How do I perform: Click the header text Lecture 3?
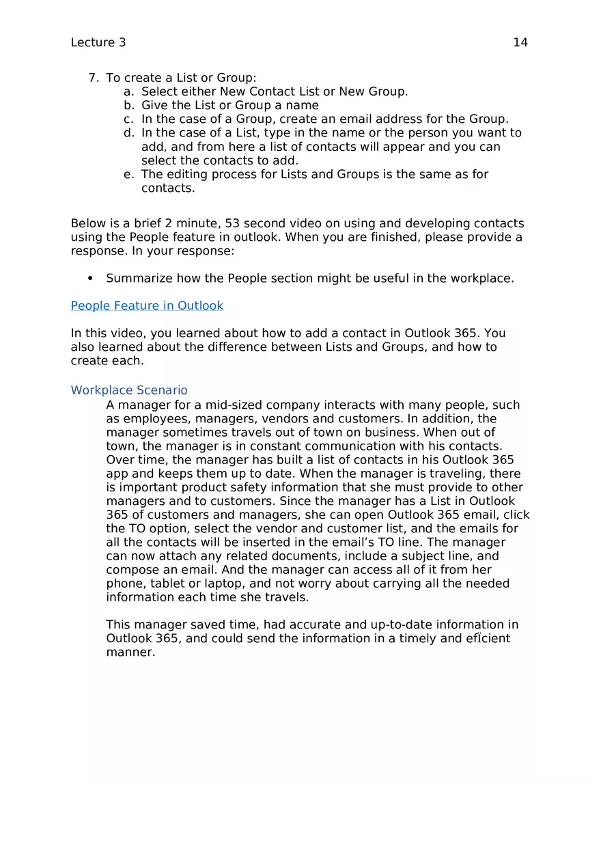click(98, 42)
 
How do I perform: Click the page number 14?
click(520, 42)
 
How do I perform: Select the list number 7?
click(94, 78)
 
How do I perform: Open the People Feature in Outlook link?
click(147, 306)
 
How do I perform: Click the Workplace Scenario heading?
click(129, 390)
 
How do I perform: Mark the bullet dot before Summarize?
click(91, 278)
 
